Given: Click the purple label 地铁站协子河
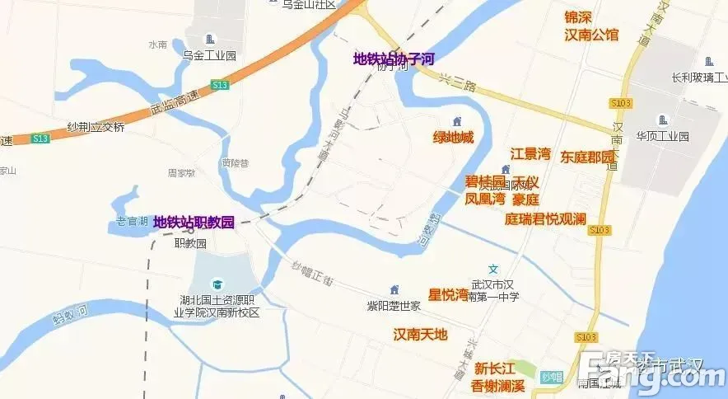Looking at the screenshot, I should click(x=393, y=59).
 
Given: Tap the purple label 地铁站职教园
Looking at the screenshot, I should click(x=194, y=222).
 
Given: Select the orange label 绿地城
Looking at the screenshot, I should click(x=454, y=137).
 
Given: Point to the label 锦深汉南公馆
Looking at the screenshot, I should click(x=590, y=26).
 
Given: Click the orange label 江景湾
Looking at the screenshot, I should click(x=530, y=153).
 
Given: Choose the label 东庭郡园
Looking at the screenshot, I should click(x=588, y=157).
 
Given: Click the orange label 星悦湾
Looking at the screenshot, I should click(x=448, y=294).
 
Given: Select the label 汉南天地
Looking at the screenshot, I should click(x=420, y=334).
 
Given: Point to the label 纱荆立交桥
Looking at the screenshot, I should click(x=96, y=127).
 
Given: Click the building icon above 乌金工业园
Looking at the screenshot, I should click(x=210, y=40).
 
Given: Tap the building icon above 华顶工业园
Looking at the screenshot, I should click(x=661, y=119).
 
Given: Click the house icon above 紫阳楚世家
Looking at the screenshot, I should click(x=394, y=290).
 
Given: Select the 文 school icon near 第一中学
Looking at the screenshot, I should click(x=493, y=269).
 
